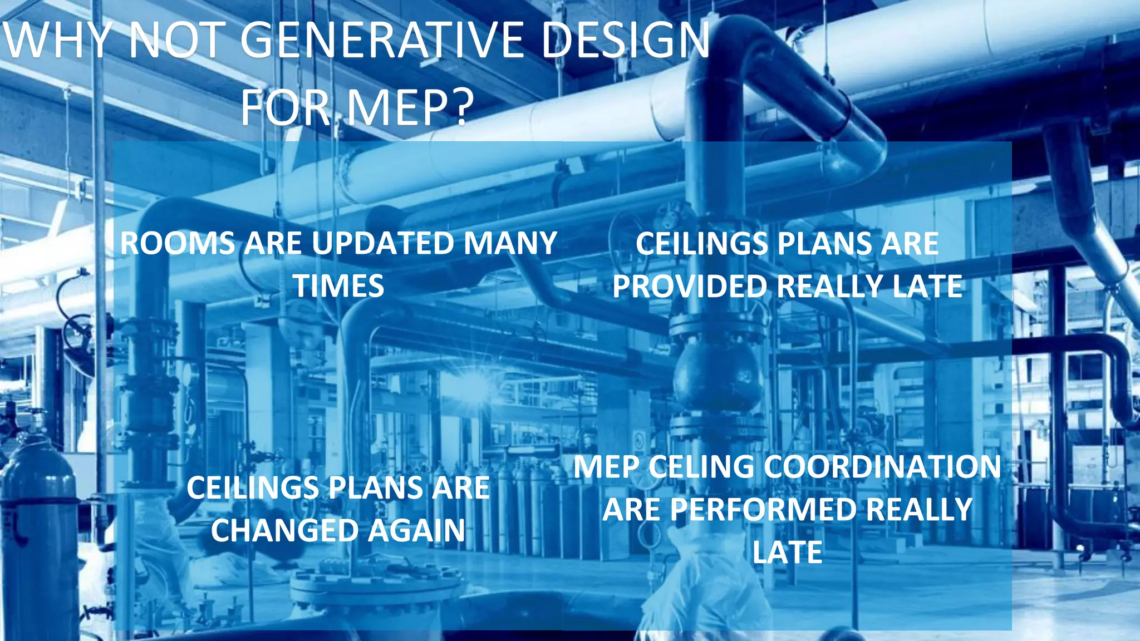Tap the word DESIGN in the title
(626, 40)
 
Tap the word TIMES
(338, 286)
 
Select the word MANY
(510, 244)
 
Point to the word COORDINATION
(882, 467)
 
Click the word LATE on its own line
(787, 552)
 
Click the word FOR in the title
(286, 107)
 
